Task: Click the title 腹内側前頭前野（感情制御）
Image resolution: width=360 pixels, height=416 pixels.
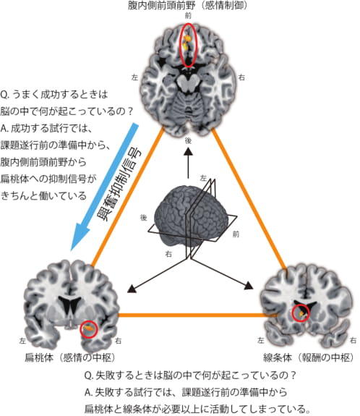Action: tap(187, 6)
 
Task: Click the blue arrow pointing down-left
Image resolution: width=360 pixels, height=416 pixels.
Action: tap(104, 187)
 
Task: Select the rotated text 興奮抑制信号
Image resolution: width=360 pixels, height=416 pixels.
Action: tap(120, 185)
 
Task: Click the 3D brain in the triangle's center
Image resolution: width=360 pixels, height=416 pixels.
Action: tap(191, 214)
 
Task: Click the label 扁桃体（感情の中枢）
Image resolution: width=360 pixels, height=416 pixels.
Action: tap(69, 358)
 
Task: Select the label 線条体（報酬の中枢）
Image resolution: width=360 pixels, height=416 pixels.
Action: tap(308, 358)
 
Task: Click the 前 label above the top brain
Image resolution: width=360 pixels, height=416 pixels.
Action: tap(188, 16)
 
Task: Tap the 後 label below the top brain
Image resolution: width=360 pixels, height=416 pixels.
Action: tap(188, 140)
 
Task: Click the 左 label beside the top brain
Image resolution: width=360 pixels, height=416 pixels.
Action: tap(134, 77)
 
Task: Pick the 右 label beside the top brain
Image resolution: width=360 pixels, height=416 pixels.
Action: tap(241, 77)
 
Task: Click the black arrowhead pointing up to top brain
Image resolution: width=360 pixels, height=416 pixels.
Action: tap(188, 151)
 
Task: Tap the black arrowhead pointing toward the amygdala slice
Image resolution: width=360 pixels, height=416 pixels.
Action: tap(132, 289)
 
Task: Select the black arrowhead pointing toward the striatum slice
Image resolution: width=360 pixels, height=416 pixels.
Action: tap(249, 286)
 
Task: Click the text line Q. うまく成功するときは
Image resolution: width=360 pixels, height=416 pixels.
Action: tap(54, 94)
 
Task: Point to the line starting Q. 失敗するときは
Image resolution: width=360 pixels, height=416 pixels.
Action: tap(190, 375)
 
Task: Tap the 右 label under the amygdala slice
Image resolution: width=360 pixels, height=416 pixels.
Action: tap(119, 341)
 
